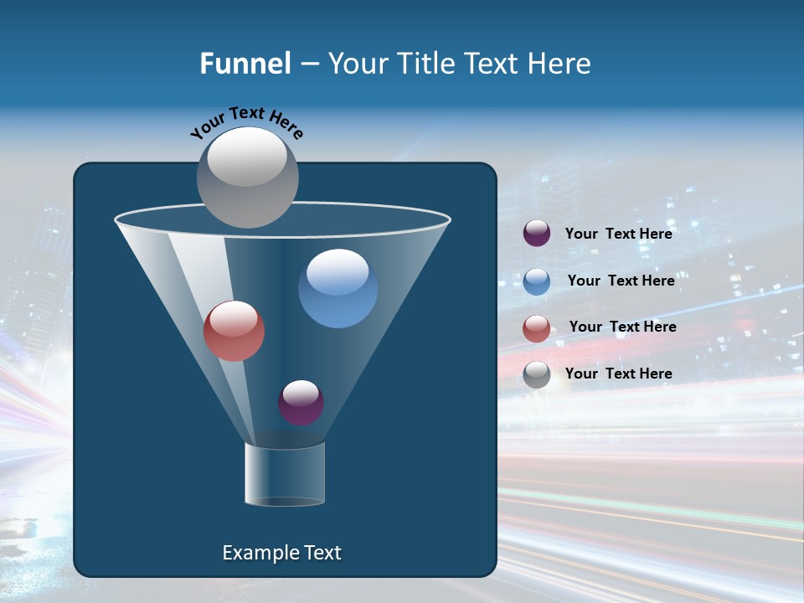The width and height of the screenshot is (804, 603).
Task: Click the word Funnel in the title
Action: coord(245,64)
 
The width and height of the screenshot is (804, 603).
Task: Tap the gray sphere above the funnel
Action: coord(247,177)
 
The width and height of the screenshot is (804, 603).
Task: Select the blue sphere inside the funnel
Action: coord(338,289)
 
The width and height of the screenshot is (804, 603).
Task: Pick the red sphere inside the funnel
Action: coord(234,331)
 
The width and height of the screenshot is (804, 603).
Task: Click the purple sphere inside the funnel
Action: coord(301,402)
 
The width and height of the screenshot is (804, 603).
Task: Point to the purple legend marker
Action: coord(537,234)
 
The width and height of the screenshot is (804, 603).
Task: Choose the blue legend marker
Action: coord(537,281)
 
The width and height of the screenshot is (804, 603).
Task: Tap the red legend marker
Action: coord(537,328)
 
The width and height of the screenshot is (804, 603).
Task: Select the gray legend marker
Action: coord(537,374)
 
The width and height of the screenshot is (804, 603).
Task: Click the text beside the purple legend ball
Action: coord(618,234)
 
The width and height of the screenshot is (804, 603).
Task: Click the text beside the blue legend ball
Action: coord(621,281)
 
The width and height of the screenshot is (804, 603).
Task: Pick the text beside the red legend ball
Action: coord(622,327)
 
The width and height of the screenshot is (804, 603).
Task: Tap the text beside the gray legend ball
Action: coord(618,374)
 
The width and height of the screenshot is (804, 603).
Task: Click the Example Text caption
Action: coord(281,553)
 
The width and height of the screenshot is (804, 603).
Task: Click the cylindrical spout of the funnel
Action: coord(284,474)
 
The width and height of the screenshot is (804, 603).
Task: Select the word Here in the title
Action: coord(561,64)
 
